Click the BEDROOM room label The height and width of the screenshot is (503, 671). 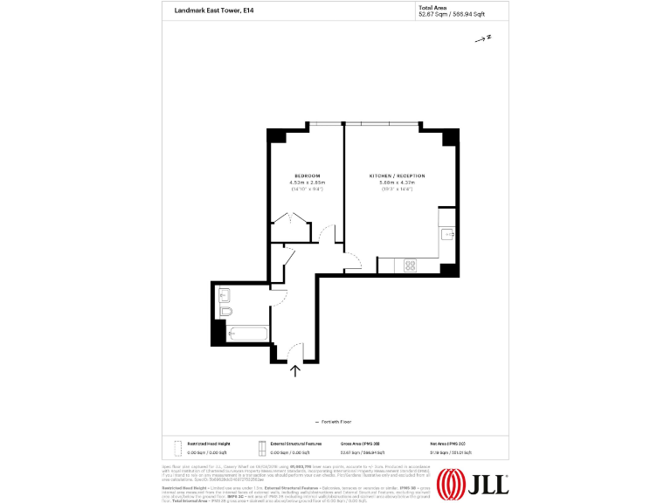pyautogui.click(x=307, y=176)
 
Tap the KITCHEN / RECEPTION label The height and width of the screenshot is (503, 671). pyautogui.click(x=397, y=176)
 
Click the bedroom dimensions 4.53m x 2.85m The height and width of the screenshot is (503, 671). pyautogui.click(x=307, y=183)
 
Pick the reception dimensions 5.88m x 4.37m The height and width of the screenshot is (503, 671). pyautogui.click(x=397, y=183)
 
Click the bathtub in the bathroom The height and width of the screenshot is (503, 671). pyautogui.click(x=248, y=333)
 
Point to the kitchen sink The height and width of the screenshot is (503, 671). pyautogui.click(x=446, y=232)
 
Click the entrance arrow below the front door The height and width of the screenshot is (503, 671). pyautogui.click(x=294, y=370)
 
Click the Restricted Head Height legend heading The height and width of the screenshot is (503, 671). pyautogui.click(x=208, y=444)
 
